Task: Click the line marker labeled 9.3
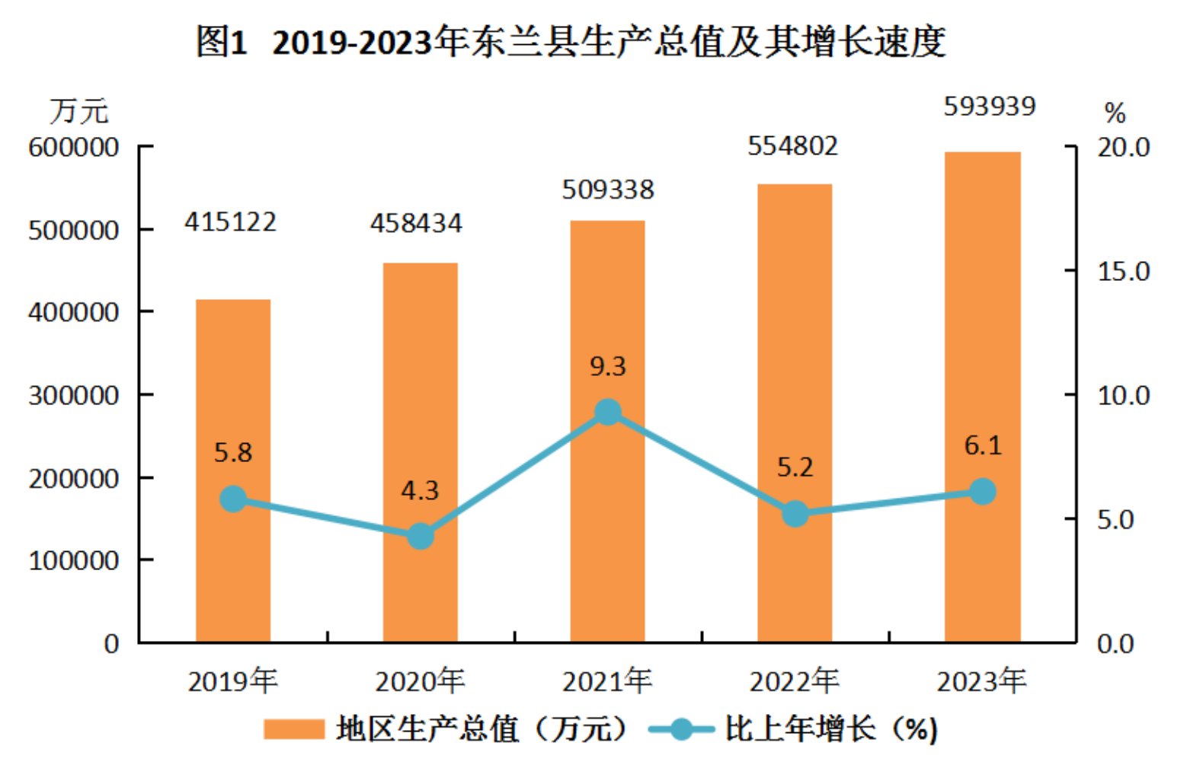(607, 413)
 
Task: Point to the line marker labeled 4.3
(421, 536)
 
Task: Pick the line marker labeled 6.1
(983, 492)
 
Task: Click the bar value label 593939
(990, 107)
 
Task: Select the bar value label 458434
(416, 223)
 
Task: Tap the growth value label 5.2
(795, 467)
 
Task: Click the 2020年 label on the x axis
(420, 681)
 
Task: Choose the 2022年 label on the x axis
(794, 681)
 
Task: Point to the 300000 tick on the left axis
(74, 395)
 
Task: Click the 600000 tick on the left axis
(74, 147)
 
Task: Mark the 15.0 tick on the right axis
(1123, 271)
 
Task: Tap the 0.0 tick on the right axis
(1115, 644)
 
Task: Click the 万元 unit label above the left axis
(79, 112)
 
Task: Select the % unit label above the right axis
(1115, 113)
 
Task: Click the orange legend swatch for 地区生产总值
(294, 729)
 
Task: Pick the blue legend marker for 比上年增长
(681, 729)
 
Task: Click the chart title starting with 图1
(571, 42)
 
